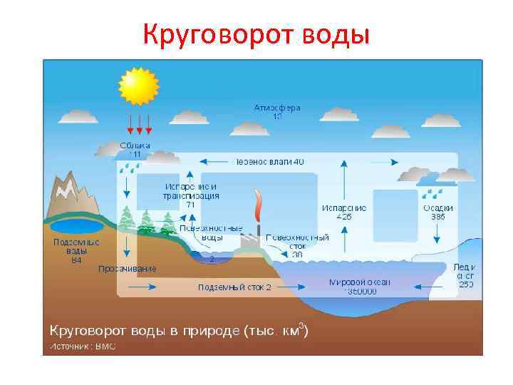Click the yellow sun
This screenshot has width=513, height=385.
point(138,86)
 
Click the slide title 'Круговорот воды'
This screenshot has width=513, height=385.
point(256,33)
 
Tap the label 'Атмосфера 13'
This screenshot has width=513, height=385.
point(277,112)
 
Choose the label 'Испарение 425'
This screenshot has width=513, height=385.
point(344,212)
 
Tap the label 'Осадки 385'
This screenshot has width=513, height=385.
point(438,212)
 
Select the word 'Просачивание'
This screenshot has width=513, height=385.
point(128,268)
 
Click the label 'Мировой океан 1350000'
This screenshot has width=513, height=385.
point(360,287)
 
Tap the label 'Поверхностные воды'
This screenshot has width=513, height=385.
point(212,232)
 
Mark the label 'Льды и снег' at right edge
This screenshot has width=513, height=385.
point(465,275)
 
